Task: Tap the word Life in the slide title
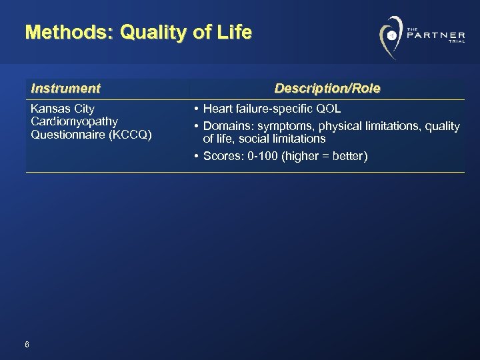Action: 236,32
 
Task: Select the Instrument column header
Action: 65,88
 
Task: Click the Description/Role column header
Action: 327,88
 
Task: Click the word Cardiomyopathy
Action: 74,121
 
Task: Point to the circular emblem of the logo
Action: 391,35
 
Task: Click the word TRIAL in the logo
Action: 456,41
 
